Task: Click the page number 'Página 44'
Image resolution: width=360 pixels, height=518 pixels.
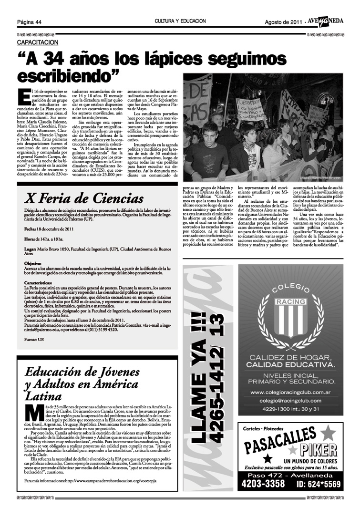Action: (29, 22)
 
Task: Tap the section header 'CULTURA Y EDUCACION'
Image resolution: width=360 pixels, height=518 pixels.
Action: (180, 21)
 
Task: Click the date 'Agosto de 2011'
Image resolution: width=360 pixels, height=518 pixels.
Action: (283, 22)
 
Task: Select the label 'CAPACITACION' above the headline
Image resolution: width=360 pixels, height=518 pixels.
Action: (36, 42)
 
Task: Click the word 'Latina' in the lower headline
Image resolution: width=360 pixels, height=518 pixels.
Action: (44, 395)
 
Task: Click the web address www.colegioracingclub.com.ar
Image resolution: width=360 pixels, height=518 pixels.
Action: (291, 393)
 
